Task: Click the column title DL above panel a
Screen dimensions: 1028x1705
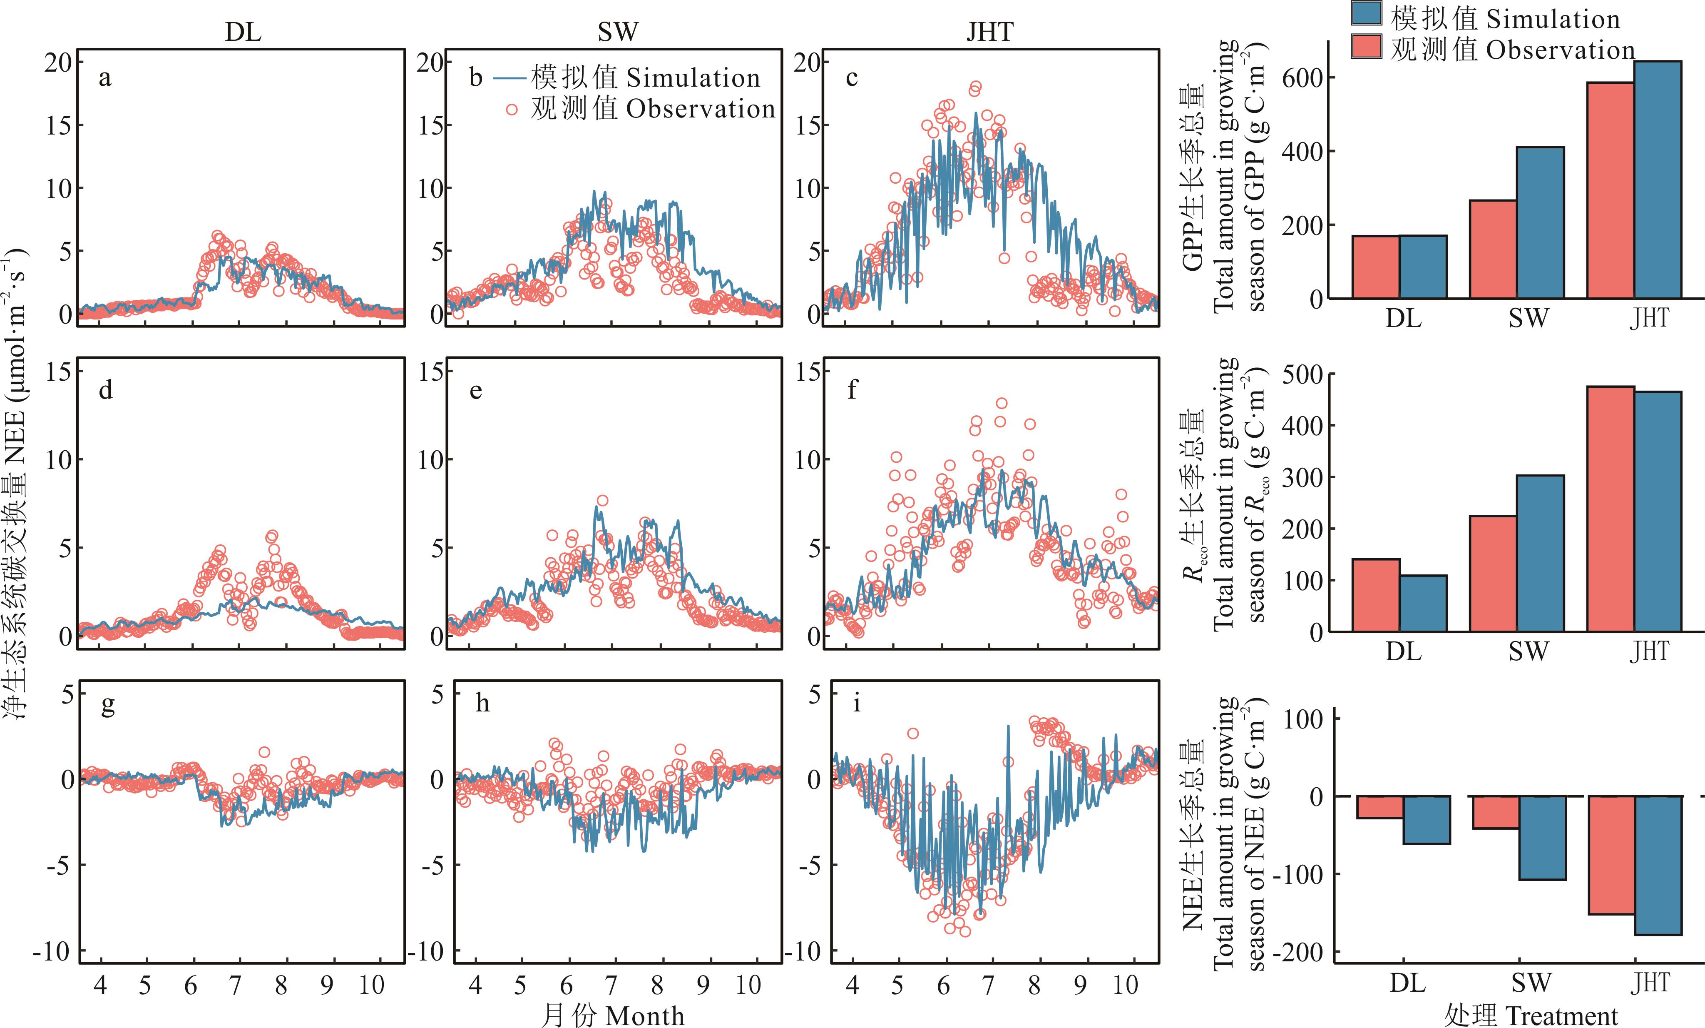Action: (243, 32)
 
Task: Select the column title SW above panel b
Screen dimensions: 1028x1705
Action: (617, 32)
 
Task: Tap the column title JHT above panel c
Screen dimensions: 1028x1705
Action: (989, 32)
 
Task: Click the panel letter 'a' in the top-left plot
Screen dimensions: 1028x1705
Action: (104, 78)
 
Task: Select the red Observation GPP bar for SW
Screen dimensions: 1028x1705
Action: (1493, 249)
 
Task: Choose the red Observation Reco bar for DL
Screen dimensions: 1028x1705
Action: (1376, 595)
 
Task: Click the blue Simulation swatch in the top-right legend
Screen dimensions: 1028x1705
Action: (1367, 14)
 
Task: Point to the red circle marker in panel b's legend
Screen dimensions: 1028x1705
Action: (511, 110)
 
